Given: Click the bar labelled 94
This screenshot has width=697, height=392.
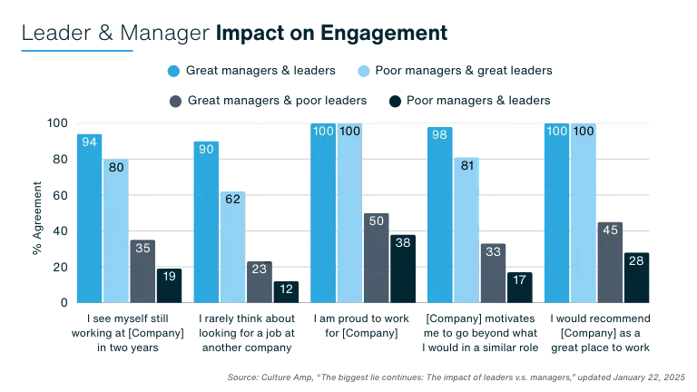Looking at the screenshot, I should (x=88, y=218).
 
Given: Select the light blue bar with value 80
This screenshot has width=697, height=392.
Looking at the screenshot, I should (x=116, y=231).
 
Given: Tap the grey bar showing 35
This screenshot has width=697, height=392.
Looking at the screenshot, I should (x=143, y=271).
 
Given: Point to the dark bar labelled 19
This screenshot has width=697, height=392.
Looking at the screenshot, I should (x=171, y=285).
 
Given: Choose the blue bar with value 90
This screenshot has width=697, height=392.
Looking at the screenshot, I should (x=206, y=221).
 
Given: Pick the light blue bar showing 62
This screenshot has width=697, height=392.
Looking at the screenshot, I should (x=233, y=246).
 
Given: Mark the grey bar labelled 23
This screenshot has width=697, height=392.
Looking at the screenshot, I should (x=260, y=281).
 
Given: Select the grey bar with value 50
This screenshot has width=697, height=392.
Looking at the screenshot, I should (x=378, y=258).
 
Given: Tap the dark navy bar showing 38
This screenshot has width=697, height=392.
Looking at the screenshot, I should (x=405, y=269).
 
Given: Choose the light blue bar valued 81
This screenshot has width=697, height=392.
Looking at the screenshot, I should (x=467, y=230).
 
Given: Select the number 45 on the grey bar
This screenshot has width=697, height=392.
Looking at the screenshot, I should (x=611, y=230).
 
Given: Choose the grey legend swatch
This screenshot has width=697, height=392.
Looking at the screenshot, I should (x=172, y=102).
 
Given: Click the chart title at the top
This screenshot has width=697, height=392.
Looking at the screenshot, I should (x=234, y=32).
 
